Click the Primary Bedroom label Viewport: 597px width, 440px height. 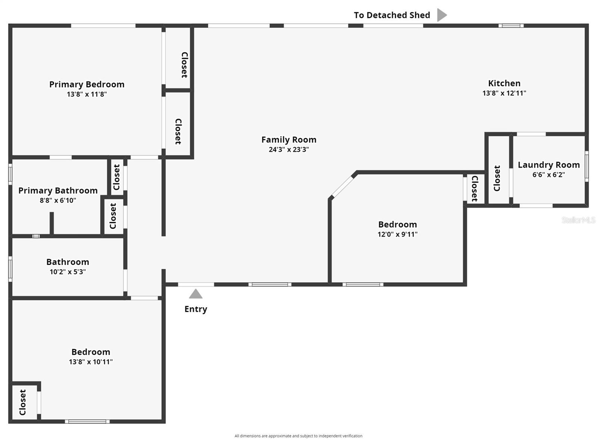pyautogui.click(x=87, y=84)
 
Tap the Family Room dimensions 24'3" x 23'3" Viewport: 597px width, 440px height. pyautogui.click(x=289, y=150)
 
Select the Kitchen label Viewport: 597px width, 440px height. pyautogui.click(x=504, y=83)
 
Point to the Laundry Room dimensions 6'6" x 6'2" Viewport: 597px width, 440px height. pyautogui.click(x=548, y=175)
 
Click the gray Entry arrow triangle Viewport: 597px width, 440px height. pyautogui.click(x=196, y=294)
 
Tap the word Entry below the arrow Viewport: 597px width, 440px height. pyautogui.click(x=196, y=309)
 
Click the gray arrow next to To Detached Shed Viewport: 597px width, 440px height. pyautogui.click(x=442, y=15)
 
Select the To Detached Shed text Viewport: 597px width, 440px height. pyautogui.click(x=392, y=15)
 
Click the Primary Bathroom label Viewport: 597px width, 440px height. pyautogui.click(x=58, y=191)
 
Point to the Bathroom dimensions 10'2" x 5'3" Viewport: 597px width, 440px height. pyautogui.click(x=68, y=272)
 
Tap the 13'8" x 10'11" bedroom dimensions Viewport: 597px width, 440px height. pyautogui.click(x=91, y=362)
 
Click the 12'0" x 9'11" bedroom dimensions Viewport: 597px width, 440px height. pyautogui.click(x=397, y=234)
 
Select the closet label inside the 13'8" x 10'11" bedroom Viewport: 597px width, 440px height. pyautogui.click(x=23, y=402)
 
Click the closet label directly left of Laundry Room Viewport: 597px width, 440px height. pyautogui.click(x=497, y=178)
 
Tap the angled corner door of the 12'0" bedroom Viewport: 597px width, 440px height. pyautogui.click(x=343, y=187)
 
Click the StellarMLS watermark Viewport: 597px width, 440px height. pyautogui.click(x=578, y=220)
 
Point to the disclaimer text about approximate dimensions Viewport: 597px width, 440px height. pyautogui.click(x=298, y=436)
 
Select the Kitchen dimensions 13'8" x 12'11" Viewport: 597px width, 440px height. pyautogui.click(x=504, y=93)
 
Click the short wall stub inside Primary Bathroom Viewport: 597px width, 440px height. pyautogui.click(x=52, y=223)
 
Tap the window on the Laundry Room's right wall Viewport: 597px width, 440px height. pyautogui.click(x=587, y=166)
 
